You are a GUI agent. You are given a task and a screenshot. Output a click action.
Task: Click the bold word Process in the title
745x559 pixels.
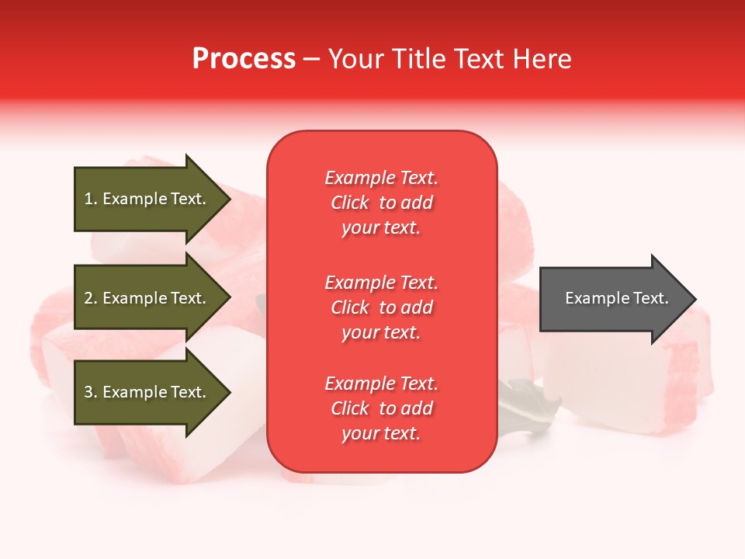click(x=244, y=59)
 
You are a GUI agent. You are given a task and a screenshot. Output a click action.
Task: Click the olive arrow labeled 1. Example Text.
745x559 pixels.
click(x=147, y=199)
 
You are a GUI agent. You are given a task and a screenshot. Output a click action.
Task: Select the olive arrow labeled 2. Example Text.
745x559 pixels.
click(x=147, y=298)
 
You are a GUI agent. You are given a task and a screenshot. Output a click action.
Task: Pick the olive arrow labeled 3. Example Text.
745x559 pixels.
click(x=147, y=392)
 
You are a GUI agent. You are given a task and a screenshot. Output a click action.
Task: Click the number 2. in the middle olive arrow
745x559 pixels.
click(x=91, y=298)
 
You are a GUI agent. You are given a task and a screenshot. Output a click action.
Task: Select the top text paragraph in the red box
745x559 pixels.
click(x=381, y=203)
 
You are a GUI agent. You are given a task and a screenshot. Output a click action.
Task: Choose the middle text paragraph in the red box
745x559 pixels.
click(x=381, y=307)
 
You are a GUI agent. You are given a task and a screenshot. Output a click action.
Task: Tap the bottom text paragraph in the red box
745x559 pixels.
click(x=381, y=408)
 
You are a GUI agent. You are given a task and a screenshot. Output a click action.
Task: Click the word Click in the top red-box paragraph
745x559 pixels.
click(x=350, y=203)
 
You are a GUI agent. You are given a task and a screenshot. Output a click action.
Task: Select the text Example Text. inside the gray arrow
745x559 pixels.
click(x=616, y=298)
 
